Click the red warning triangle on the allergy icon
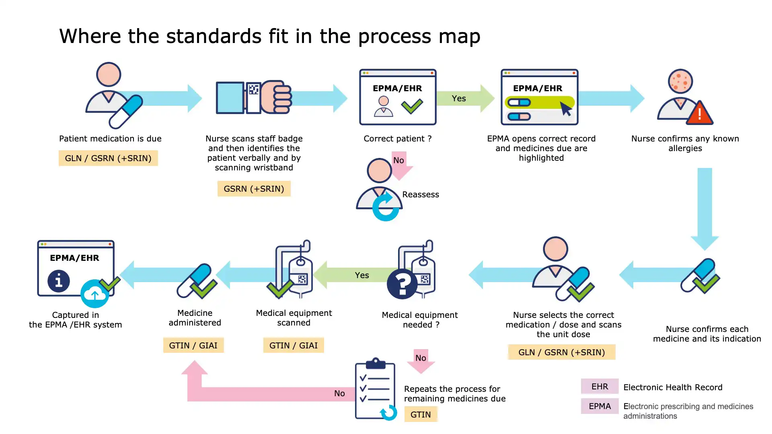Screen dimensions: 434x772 (x=700, y=114)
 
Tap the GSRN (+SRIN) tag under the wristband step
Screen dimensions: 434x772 (x=254, y=189)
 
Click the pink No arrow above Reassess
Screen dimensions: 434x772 (x=400, y=164)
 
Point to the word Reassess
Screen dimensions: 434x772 (x=421, y=194)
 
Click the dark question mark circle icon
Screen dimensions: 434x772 (x=402, y=284)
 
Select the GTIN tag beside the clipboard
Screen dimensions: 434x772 (x=421, y=414)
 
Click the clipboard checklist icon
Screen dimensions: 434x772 (x=375, y=389)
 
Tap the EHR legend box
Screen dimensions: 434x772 (x=600, y=387)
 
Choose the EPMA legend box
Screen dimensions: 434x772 (x=600, y=406)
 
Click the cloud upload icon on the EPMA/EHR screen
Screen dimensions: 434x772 (x=95, y=294)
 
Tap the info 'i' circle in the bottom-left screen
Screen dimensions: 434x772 (x=59, y=280)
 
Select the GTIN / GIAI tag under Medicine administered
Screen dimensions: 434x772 (x=193, y=345)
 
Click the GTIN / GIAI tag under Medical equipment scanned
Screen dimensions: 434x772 (x=294, y=345)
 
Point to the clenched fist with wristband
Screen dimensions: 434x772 (x=275, y=97)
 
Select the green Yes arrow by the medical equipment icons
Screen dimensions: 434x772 (x=354, y=275)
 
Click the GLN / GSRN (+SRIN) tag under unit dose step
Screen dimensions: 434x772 (x=561, y=352)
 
